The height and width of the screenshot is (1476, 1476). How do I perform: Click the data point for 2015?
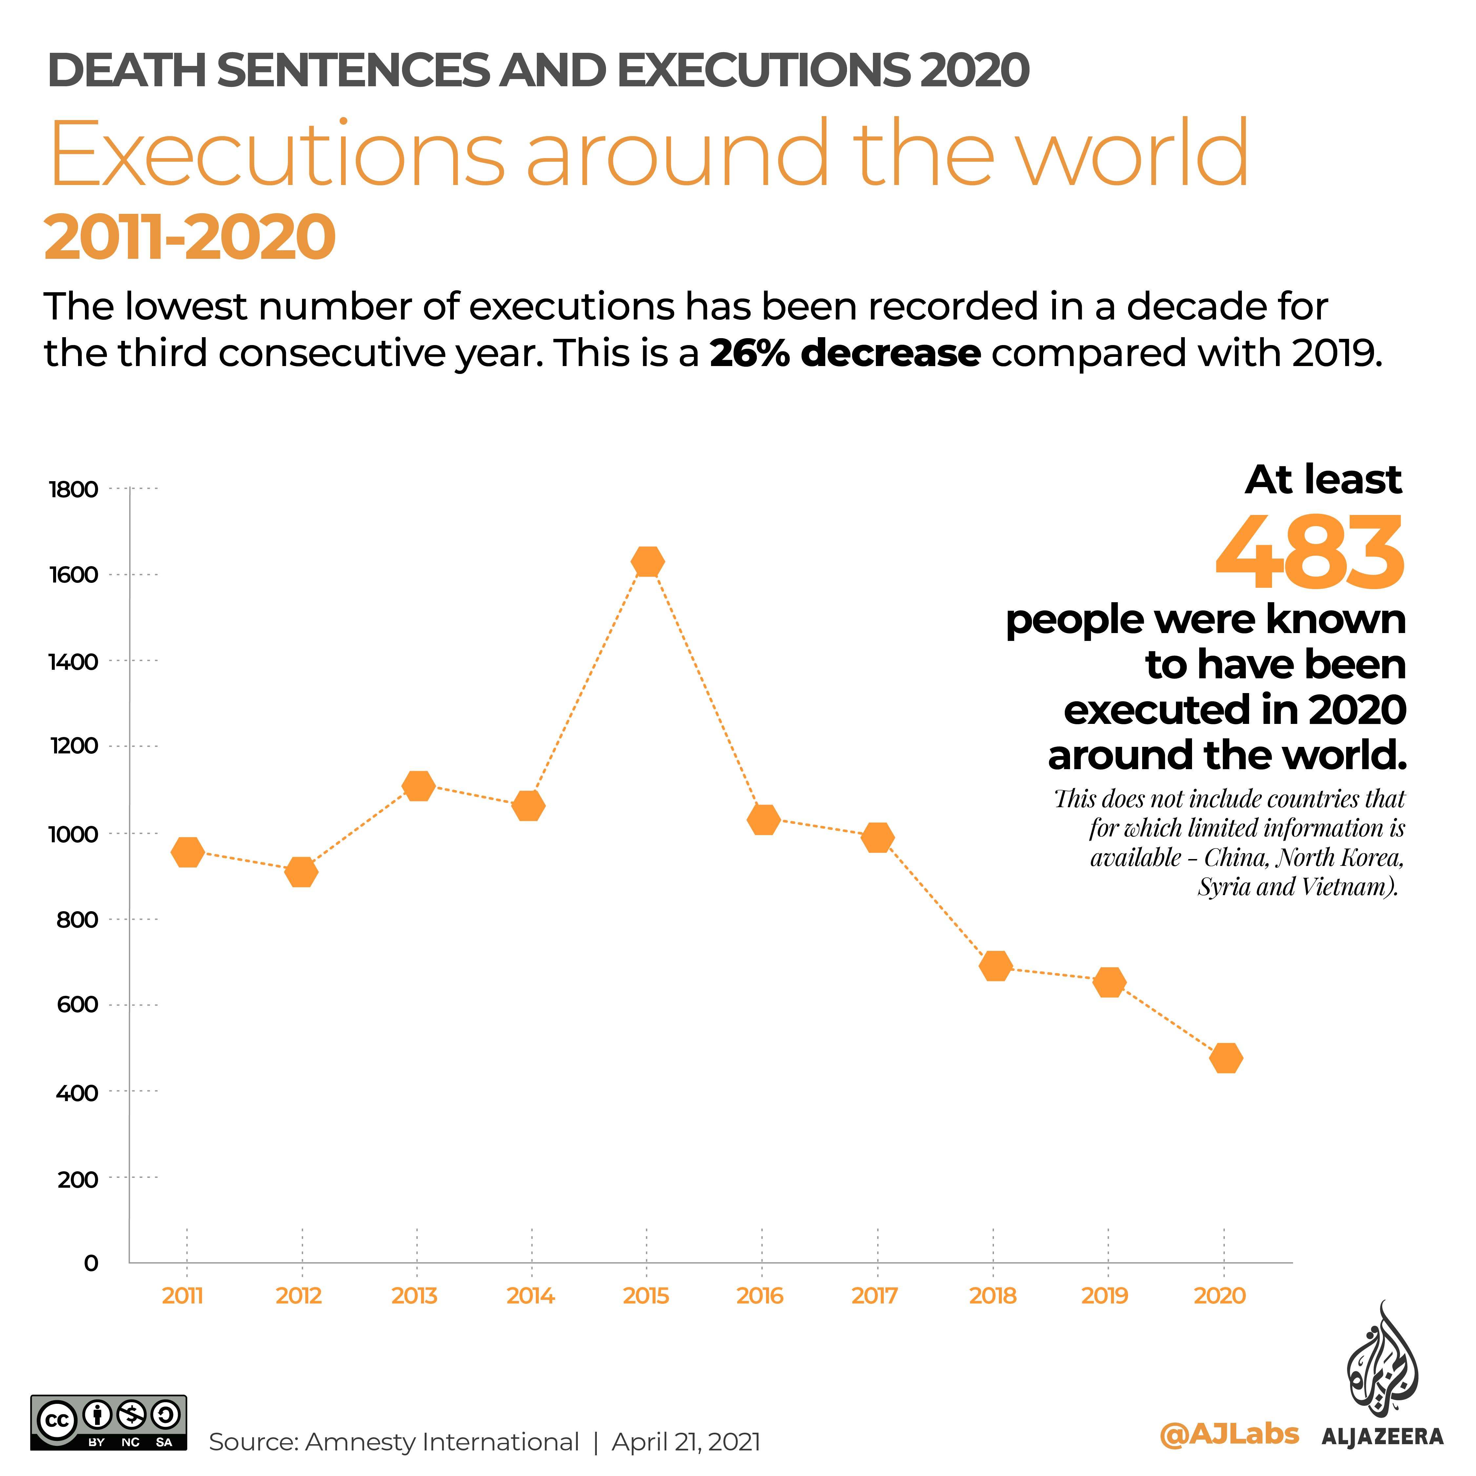pos(647,562)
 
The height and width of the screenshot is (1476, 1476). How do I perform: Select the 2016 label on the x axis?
pos(760,1296)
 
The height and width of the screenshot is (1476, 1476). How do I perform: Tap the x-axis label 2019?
pos(1105,1296)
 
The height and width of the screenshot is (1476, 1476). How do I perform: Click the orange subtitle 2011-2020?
pos(190,237)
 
